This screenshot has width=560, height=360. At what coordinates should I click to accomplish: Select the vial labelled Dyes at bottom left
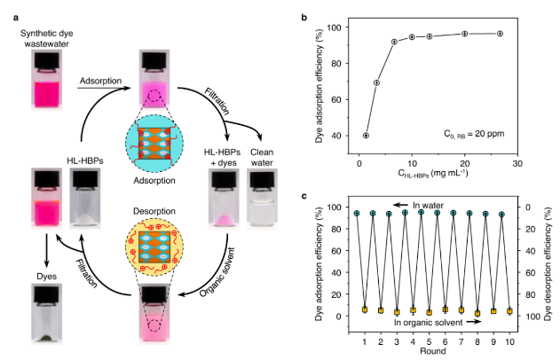click(x=45, y=306)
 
